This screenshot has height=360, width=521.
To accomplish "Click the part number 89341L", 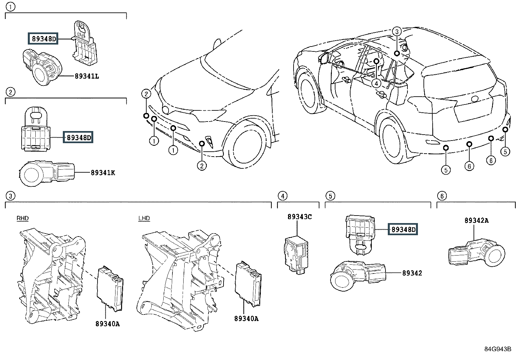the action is tap(87, 76).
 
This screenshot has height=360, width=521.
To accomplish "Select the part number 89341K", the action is tap(103, 173).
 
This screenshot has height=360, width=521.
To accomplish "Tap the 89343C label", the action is tap(299, 217).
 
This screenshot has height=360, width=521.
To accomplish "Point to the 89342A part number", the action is tap(476, 220).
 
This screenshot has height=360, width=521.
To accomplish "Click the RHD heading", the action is tap(23, 218).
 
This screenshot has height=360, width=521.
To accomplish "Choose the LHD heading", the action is tap(144, 218).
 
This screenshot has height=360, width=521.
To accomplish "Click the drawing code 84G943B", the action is tap(498, 349).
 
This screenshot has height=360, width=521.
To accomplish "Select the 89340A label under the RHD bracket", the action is tap(108, 324).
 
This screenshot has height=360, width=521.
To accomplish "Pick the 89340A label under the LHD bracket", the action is tap(246, 318).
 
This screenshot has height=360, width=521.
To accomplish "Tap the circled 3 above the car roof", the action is tap(397, 31).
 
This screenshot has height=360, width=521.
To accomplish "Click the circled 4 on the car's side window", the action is tap(376, 83).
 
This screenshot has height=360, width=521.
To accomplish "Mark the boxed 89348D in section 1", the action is tap(43, 39).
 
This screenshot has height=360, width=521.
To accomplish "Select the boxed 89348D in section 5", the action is tap(403, 230).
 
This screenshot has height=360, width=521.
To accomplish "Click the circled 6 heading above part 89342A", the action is tap(442, 196).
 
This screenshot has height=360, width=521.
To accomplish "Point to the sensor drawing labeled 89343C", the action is tap(296, 255).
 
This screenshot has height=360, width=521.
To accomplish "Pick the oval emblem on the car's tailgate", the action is tap(475, 99).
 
